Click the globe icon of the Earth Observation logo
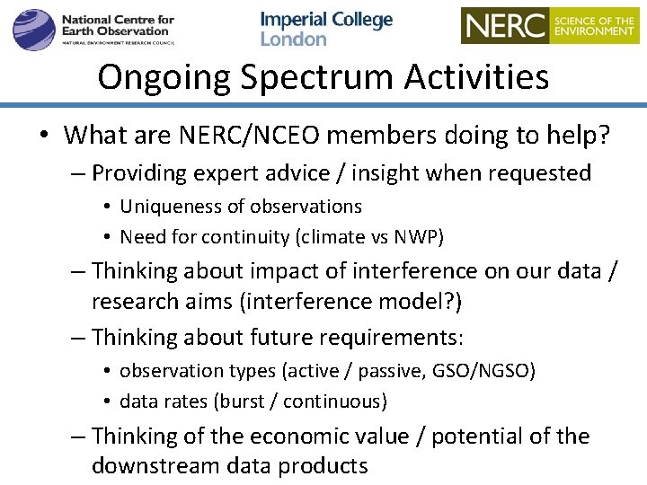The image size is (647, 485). (33, 29)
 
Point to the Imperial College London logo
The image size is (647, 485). (326, 29)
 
